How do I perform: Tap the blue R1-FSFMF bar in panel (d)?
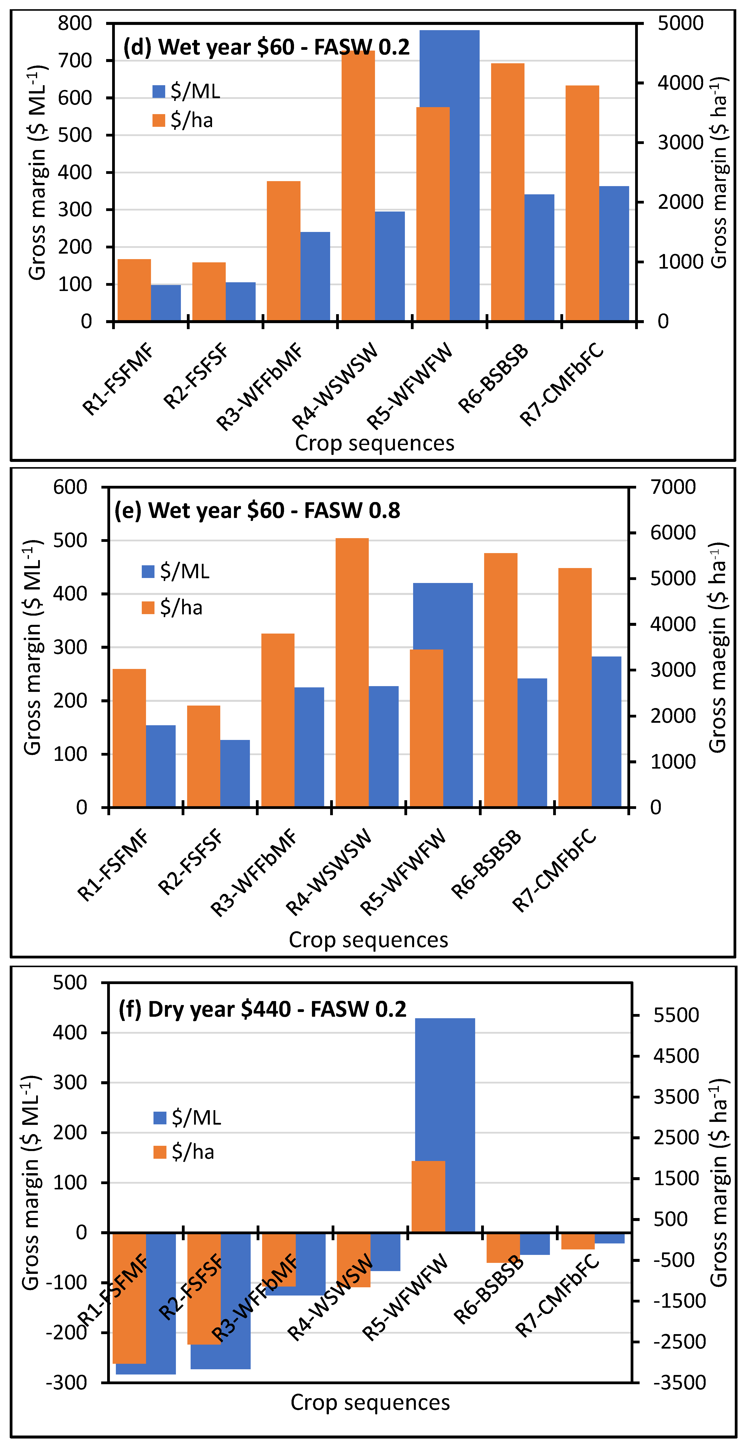(x=166, y=303)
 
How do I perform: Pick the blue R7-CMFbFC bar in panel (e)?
(x=606, y=731)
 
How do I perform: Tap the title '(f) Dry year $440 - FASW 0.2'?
(x=262, y=1009)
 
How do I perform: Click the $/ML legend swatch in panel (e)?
(x=148, y=571)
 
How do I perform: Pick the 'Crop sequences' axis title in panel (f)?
(x=370, y=1403)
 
